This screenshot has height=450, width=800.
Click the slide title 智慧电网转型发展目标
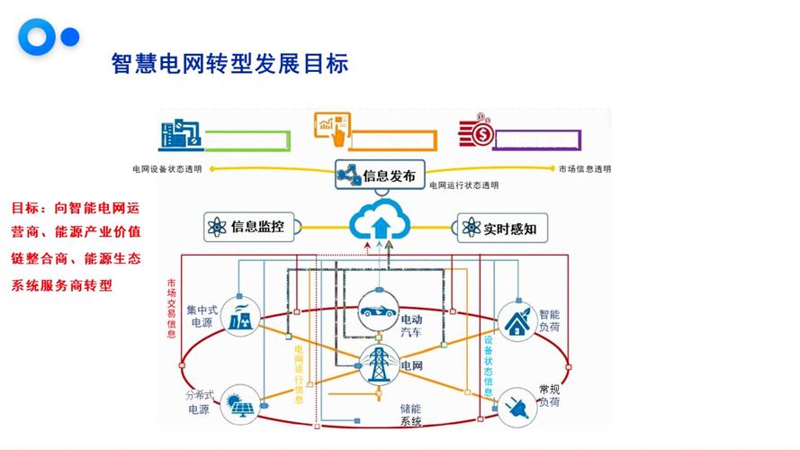229,65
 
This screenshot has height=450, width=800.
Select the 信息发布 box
379,175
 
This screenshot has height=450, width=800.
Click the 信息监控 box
247,228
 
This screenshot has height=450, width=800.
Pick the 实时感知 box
501,229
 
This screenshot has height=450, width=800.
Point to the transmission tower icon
376,365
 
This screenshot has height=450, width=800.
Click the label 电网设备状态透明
168,169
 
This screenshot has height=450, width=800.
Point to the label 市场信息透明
584,169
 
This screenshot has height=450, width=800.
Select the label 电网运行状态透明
463,185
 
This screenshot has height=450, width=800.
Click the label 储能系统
411,415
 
